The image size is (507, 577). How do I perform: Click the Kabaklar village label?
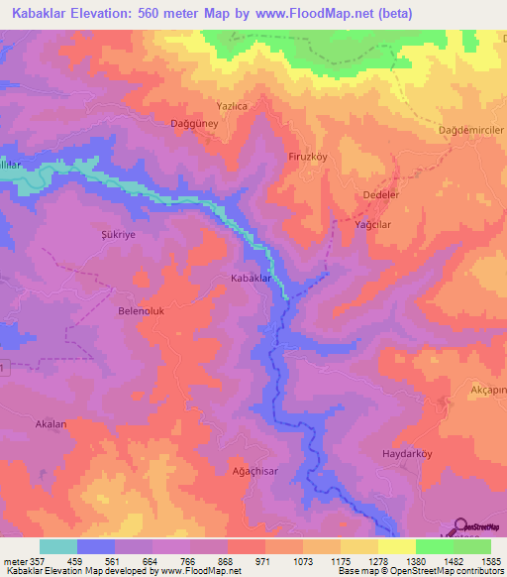pyautogui.click(x=251, y=280)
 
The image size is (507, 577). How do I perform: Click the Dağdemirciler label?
pyautogui.click(x=471, y=131)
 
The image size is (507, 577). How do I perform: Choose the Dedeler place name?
pyautogui.click(x=381, y=195)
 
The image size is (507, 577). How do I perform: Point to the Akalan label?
pyautogui.click(x=51, y=423)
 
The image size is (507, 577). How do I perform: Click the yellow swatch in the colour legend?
pyautogui.click(x=396, y=546)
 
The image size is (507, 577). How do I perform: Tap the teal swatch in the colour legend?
pyautogui.click(x=57, y=546)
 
